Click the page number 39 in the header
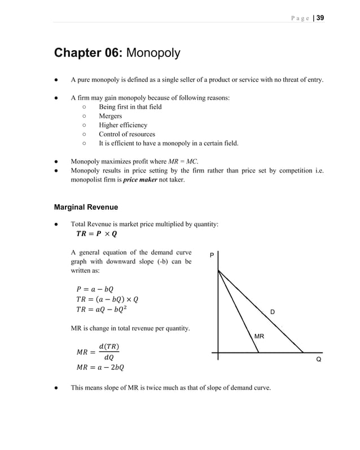pos(320,17)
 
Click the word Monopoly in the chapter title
pos(153,54)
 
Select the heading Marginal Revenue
pos(86,207)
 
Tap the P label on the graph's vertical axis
pos(212,255)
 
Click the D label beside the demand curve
pos(272,312)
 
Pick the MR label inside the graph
pos(259,337)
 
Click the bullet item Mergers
pos(110,116)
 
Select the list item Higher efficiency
pos(123,125)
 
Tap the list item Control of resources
pos(126,134)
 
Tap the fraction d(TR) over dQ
pos(109,351)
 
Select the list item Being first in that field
pos(130,107)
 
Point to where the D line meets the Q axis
pos(304,352)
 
